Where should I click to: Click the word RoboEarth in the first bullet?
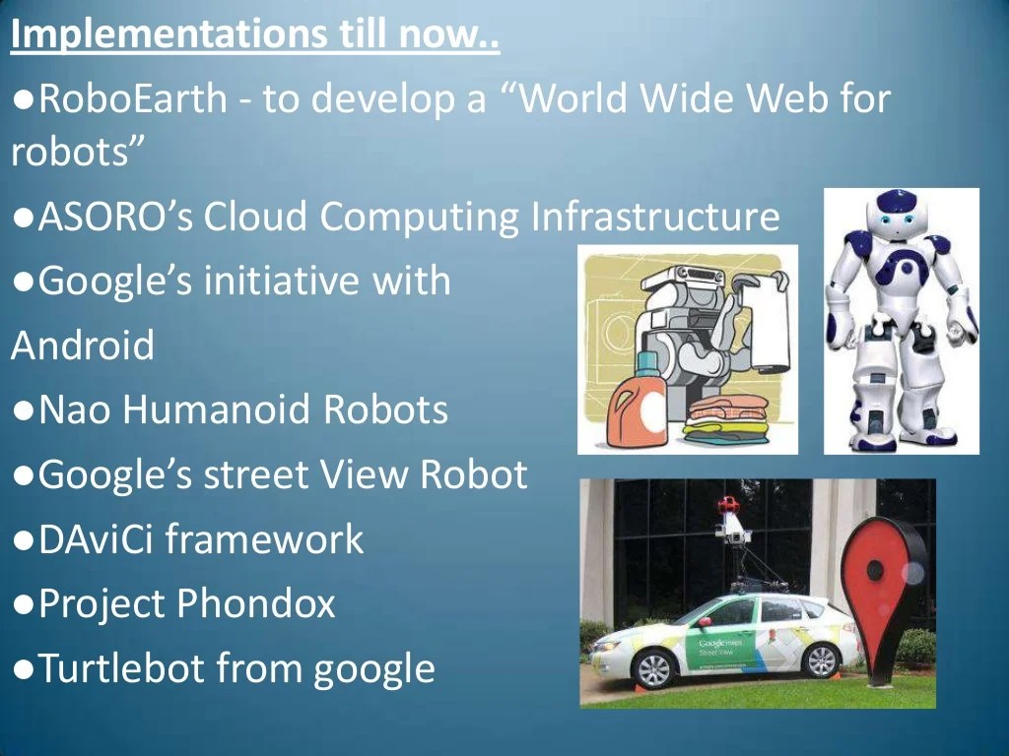(x=133, y=98)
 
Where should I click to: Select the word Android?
(x=83, y=346)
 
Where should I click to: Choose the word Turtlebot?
(x=121, y=668)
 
